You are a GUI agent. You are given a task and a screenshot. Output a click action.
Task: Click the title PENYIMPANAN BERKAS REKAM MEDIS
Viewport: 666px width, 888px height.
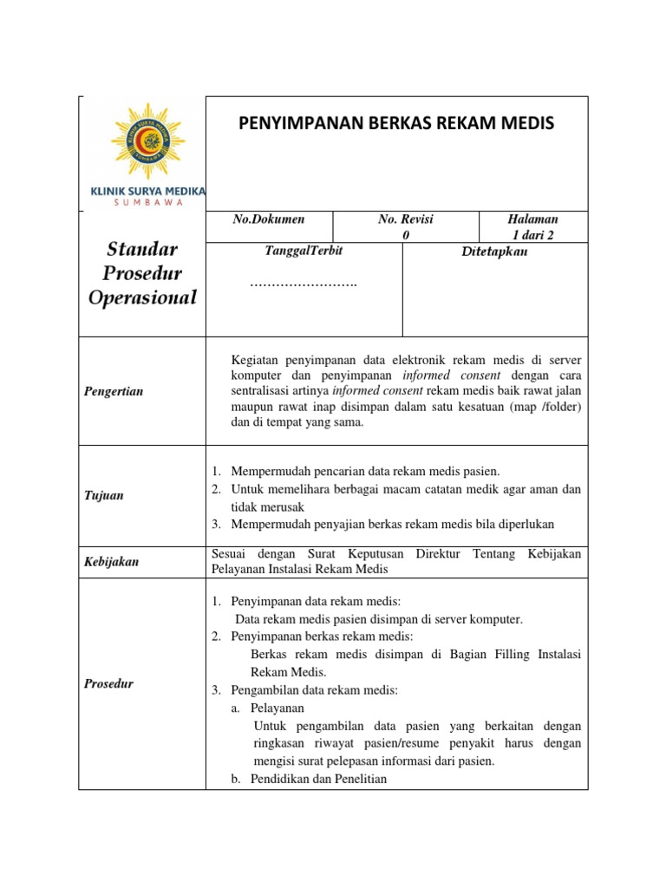[395, 124]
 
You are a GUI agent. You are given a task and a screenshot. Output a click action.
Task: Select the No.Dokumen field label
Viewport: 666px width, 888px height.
[268, 220]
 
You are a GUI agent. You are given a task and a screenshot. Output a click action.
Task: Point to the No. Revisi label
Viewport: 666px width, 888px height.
[405, 220]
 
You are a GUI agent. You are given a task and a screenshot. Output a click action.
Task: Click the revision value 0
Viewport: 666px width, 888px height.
[405, 236]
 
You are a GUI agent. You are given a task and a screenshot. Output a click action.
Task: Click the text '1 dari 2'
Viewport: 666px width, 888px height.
[533, 236]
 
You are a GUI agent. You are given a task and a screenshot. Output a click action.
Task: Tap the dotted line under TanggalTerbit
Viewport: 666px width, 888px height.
[303, 284]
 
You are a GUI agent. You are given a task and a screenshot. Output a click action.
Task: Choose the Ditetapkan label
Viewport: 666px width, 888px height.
[495, 251]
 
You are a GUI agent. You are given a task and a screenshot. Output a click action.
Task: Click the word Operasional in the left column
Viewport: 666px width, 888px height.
[143, 298]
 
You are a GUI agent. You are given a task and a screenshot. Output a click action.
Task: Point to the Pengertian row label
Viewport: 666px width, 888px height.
[114, 391]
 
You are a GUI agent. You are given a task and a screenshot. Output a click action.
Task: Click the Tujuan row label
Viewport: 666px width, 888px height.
[103, 496]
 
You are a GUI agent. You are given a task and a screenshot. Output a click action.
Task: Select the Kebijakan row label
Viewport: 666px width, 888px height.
[111, 562]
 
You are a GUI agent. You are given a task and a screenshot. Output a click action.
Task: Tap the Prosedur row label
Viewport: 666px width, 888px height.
[108, 684]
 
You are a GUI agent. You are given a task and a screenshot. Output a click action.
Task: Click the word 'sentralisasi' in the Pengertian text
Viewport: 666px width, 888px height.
[265, 391]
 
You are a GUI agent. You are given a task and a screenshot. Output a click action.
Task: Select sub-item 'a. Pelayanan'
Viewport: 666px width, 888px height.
[261, 708]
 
